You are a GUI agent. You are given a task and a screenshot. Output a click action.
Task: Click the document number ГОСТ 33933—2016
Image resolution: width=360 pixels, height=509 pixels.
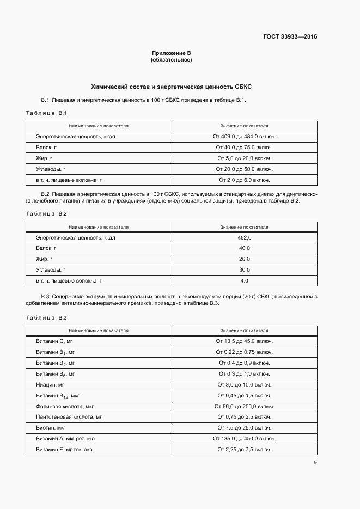(290, 37)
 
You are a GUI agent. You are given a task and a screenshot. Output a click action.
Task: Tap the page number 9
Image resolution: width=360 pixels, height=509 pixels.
(315, 463)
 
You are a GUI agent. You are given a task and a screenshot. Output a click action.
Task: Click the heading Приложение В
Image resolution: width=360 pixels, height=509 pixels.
(171, 53)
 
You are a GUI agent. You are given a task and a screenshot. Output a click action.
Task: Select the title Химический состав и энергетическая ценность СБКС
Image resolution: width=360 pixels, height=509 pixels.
(171, 87)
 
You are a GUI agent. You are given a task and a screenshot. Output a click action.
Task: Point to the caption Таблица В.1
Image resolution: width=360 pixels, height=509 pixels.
(46, 113)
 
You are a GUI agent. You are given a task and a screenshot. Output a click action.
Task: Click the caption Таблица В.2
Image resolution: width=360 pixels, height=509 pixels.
(46, 213)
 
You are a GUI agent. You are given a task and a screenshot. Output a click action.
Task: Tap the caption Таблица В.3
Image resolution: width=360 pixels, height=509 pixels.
(46, 317)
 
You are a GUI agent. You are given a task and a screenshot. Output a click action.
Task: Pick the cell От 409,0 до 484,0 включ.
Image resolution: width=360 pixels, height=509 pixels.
(244, 137)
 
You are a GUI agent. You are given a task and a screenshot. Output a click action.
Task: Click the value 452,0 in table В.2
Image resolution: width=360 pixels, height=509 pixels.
(244, 237)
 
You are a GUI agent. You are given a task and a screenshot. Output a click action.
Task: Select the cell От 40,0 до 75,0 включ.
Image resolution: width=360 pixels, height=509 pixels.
(244, 148)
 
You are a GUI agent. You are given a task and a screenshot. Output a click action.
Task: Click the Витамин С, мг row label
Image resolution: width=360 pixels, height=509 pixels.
(51, 341)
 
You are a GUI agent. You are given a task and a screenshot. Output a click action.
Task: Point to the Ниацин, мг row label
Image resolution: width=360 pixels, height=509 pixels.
(50, 384)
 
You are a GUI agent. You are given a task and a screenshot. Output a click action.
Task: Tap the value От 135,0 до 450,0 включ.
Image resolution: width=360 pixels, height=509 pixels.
(244, 438)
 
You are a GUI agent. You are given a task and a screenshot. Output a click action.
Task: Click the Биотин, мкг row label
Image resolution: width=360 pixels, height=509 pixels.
(51, 427)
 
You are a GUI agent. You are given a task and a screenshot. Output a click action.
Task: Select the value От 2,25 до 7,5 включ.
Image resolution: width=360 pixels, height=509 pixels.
(244, 449)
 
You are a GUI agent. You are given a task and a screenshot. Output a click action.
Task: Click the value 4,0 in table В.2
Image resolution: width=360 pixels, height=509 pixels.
(244, 280)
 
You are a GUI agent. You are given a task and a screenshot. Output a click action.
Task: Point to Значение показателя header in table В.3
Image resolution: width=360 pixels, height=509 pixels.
(244, 330)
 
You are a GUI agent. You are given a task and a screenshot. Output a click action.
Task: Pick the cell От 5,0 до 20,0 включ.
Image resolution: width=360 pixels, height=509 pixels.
(244, 158)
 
